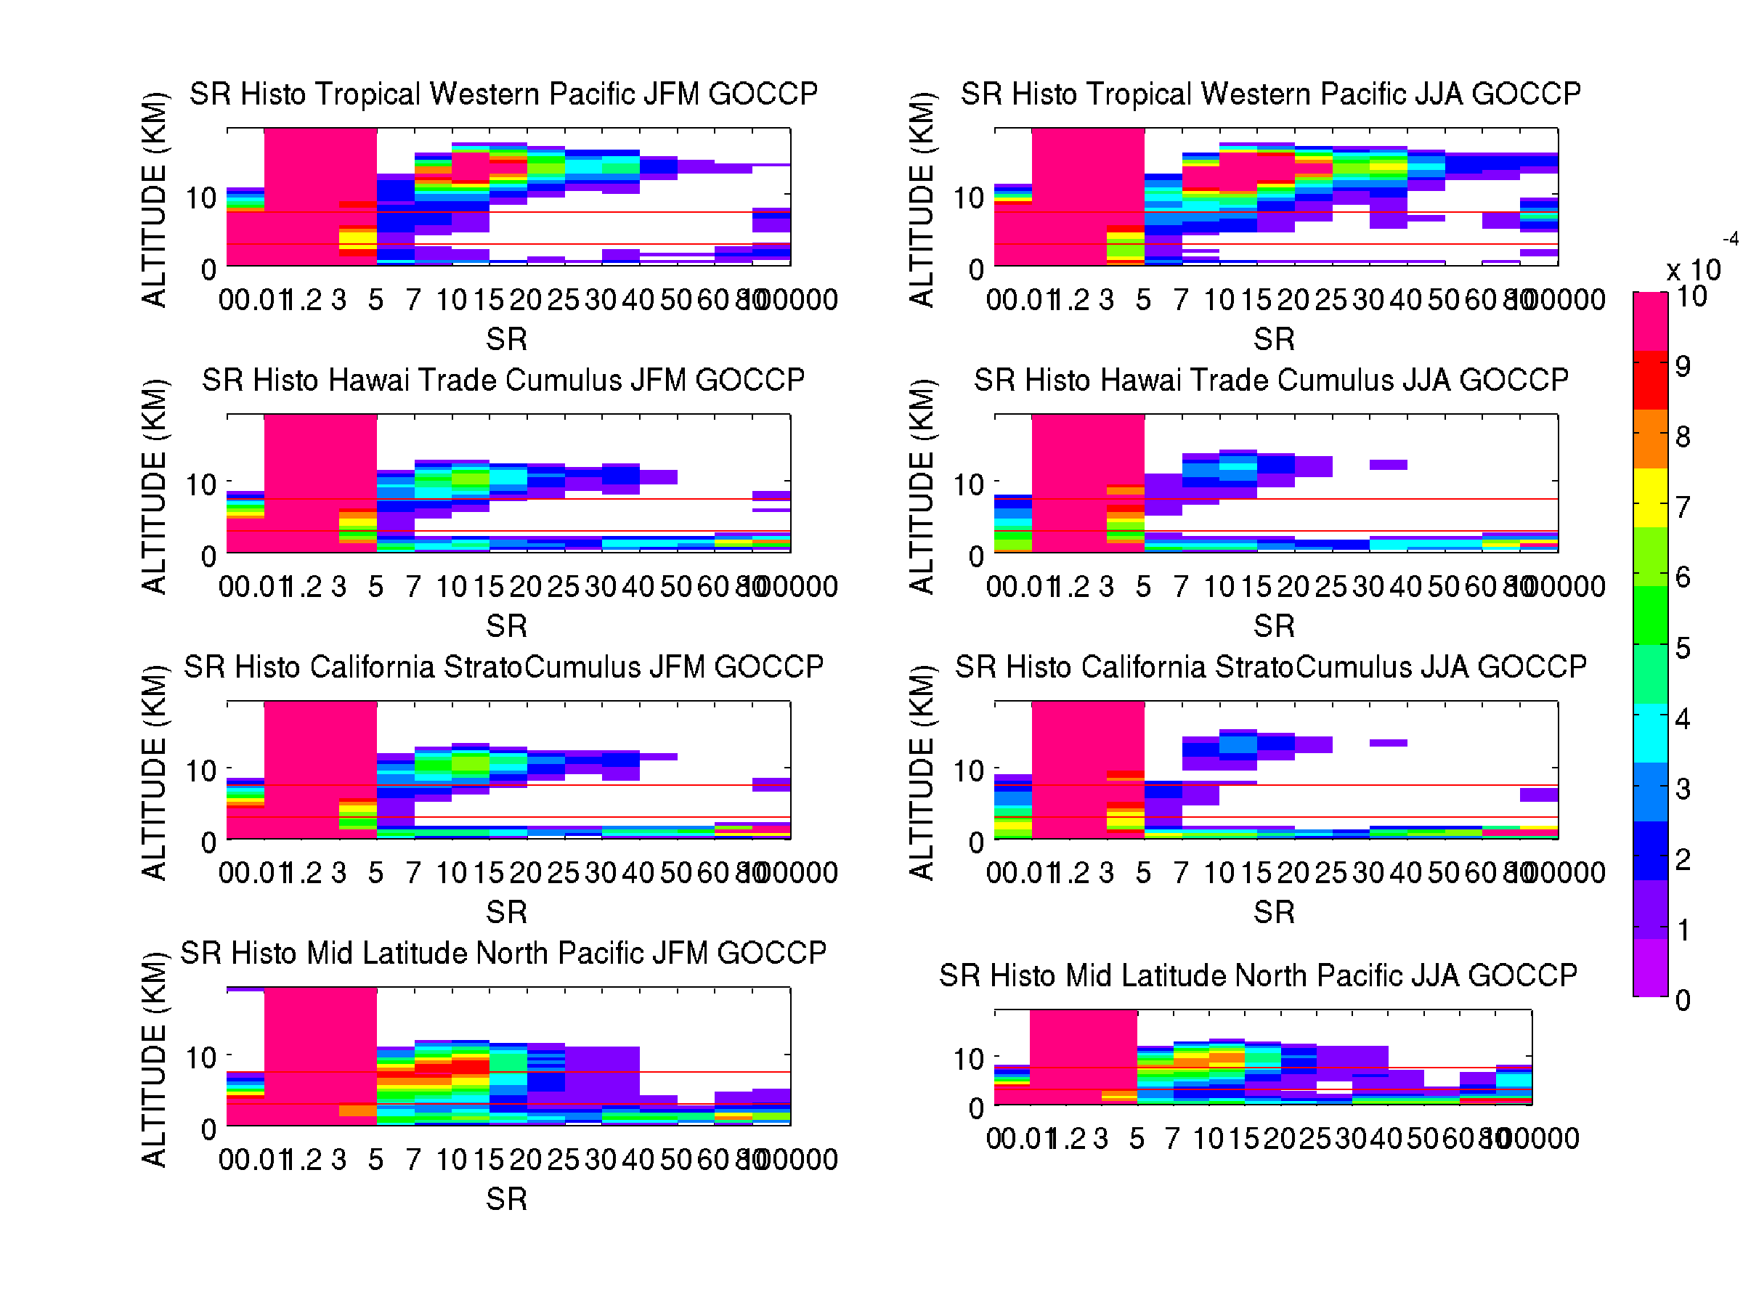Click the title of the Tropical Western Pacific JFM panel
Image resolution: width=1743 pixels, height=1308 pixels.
point(503,94)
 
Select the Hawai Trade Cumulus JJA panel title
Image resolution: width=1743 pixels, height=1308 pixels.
point(1271,380)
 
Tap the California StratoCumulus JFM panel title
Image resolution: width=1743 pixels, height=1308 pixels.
point(503,667)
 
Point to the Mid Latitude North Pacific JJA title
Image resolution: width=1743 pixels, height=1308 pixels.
point(1258,975)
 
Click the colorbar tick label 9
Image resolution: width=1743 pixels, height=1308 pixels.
point(1682,366)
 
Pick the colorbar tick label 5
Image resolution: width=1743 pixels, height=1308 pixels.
point(1682,649)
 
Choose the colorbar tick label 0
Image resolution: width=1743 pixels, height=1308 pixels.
point(1682,1001)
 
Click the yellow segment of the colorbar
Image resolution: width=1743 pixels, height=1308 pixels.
point(1650,498)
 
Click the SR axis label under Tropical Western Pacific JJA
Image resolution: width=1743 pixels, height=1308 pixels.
point(1273,340)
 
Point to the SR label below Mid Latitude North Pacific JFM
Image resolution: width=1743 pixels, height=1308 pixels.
point(506,1199)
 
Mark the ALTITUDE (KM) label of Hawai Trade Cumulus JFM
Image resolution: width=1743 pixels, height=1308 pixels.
point(155,486)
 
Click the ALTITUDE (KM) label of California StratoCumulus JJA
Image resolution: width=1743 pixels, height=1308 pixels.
point(922,773)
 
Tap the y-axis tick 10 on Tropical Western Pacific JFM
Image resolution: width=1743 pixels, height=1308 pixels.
point(201,198)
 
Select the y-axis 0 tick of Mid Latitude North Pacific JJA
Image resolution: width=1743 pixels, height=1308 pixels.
point(976,1108)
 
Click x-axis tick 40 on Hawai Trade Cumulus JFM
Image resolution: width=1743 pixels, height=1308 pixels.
point(638,587)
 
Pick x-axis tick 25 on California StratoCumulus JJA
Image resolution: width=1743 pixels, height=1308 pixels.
point(1331,873)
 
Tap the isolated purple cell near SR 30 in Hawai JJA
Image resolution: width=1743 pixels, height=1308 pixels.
point(1389,465)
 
